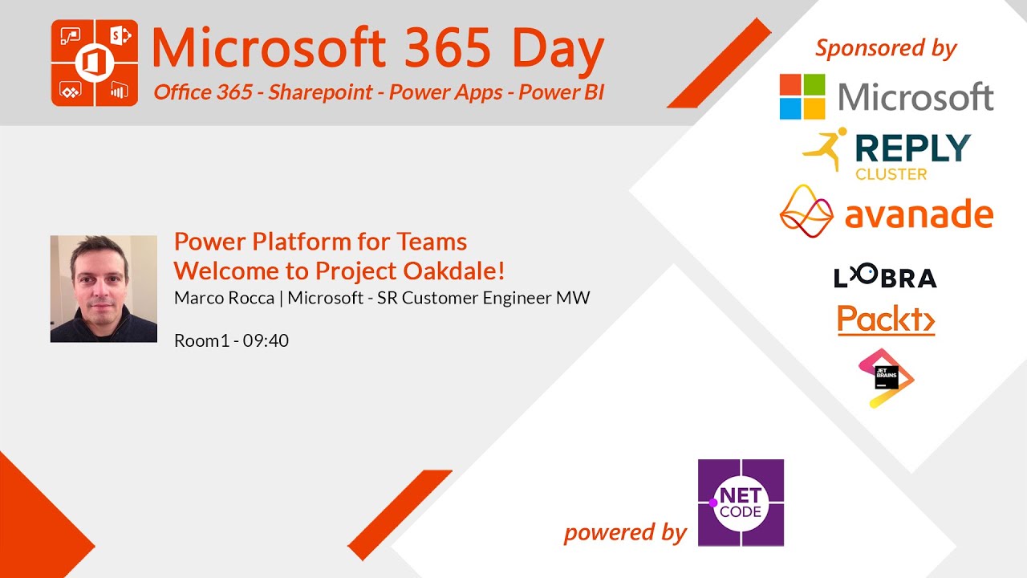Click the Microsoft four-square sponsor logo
tap(802, 96)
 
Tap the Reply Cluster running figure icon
tap(826, 149)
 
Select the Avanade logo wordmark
tap(919, 214)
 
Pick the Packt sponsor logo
tap(887, 320)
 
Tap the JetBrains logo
tap(887, 378)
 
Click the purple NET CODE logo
tap(741, 503)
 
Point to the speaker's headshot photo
tap(104, 288)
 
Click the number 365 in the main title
tap(448, 48)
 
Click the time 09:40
tap(266, 341)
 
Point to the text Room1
tap(201, 341)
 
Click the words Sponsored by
tap(886, 48)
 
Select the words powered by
tap(625, 533)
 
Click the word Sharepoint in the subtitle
tap(320, 92)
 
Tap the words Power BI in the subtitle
tap(562, 92)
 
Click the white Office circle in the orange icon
tap(95, 63)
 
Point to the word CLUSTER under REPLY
tap(891, 174)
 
